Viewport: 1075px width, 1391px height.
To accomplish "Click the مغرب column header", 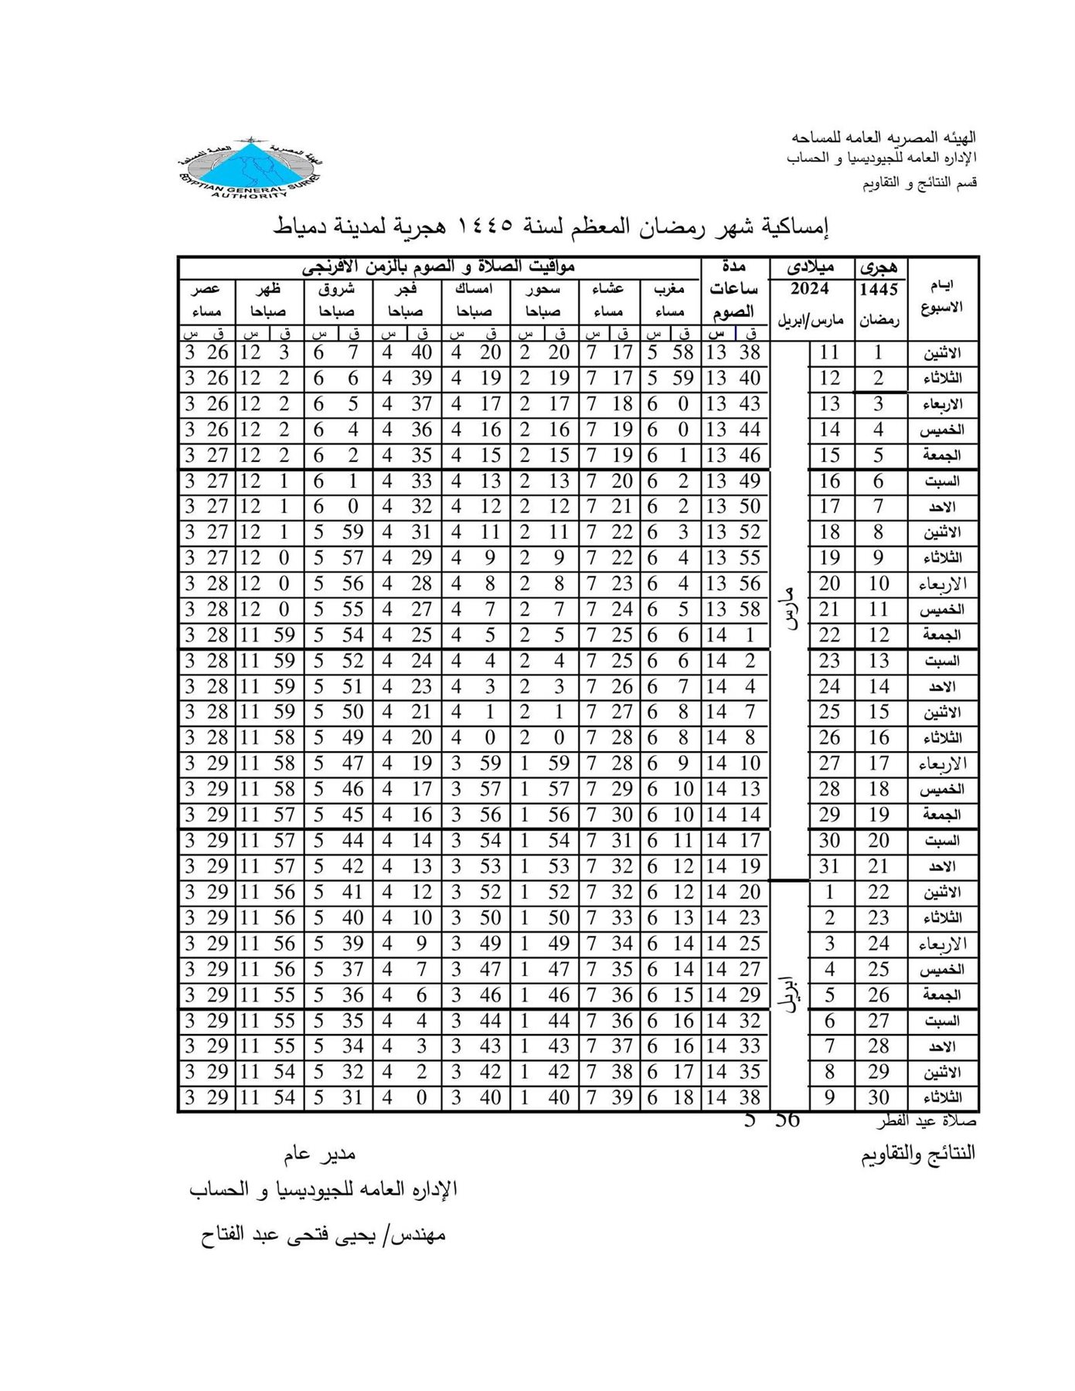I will point(669,290).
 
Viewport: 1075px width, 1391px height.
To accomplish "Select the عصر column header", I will point(206,290).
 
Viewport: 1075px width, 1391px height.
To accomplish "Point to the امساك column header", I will point(474,290).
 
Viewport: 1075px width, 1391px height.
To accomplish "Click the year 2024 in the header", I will point(810,290).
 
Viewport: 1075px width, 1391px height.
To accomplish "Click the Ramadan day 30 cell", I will point(879,1097).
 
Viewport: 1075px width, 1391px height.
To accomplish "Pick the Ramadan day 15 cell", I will point(879,712).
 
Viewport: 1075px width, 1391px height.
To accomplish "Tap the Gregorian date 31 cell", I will point(829,866).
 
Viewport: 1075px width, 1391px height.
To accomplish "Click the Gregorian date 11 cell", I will point(829,353).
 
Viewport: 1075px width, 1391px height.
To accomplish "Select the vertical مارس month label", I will point(790,610).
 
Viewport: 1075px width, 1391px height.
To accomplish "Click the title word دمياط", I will point(302,228).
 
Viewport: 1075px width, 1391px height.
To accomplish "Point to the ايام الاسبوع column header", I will point(943,298).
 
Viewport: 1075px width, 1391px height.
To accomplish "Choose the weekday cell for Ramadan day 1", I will point(943,353).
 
